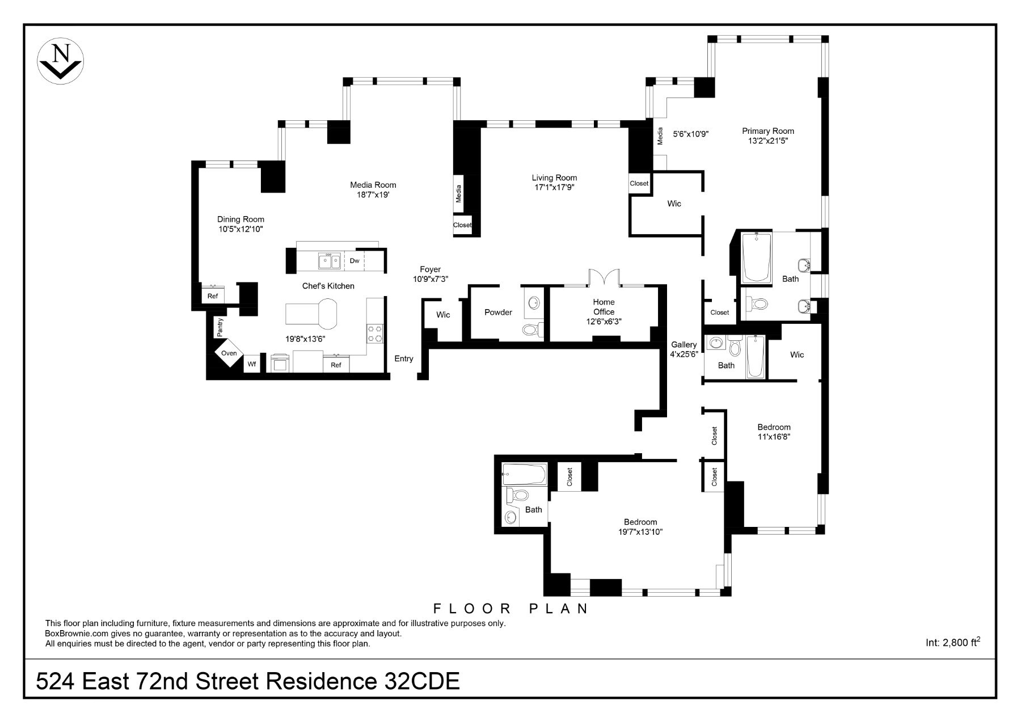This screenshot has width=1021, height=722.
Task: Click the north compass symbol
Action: [x=60, y=61]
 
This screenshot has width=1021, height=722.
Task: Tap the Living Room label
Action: [x=554, y=178]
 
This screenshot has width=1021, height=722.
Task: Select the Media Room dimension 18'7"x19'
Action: [x=373, y=195]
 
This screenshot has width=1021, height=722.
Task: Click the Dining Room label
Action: [x=241, y=219]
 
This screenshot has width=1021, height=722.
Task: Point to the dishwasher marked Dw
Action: [x=355, y=261]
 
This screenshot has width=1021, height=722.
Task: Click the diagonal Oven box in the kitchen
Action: [x=229, y=353]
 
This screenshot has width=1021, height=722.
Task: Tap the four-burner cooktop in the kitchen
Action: [x=375, y=333]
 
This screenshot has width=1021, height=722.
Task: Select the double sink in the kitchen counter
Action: [x=329, y=261]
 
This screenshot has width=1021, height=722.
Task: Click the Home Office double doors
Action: [x=604, y=278]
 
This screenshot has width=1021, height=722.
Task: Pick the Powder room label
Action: [x=498, y=313]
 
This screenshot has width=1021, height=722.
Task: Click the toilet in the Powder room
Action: [x=532, y=330]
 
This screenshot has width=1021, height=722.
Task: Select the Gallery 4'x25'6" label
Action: [x=684, y=349]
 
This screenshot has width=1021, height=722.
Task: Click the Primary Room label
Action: [x=768, y=131]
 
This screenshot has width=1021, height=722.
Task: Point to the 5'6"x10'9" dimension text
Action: [x=691, y=134]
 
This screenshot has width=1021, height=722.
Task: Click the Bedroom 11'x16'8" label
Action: [x=774, y=432]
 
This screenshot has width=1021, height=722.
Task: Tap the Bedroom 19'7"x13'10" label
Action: [x=640, y=527]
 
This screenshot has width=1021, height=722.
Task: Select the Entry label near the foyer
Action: [x=404, y=358]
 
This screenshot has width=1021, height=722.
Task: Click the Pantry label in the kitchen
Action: [x=220, y=327]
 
